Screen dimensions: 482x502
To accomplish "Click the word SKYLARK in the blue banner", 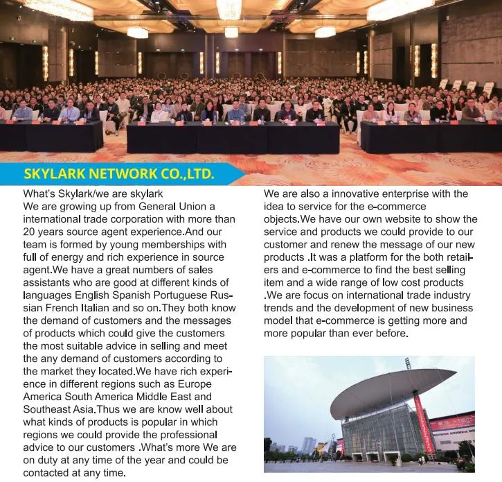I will pyautogui.click(x=54, y=173).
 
